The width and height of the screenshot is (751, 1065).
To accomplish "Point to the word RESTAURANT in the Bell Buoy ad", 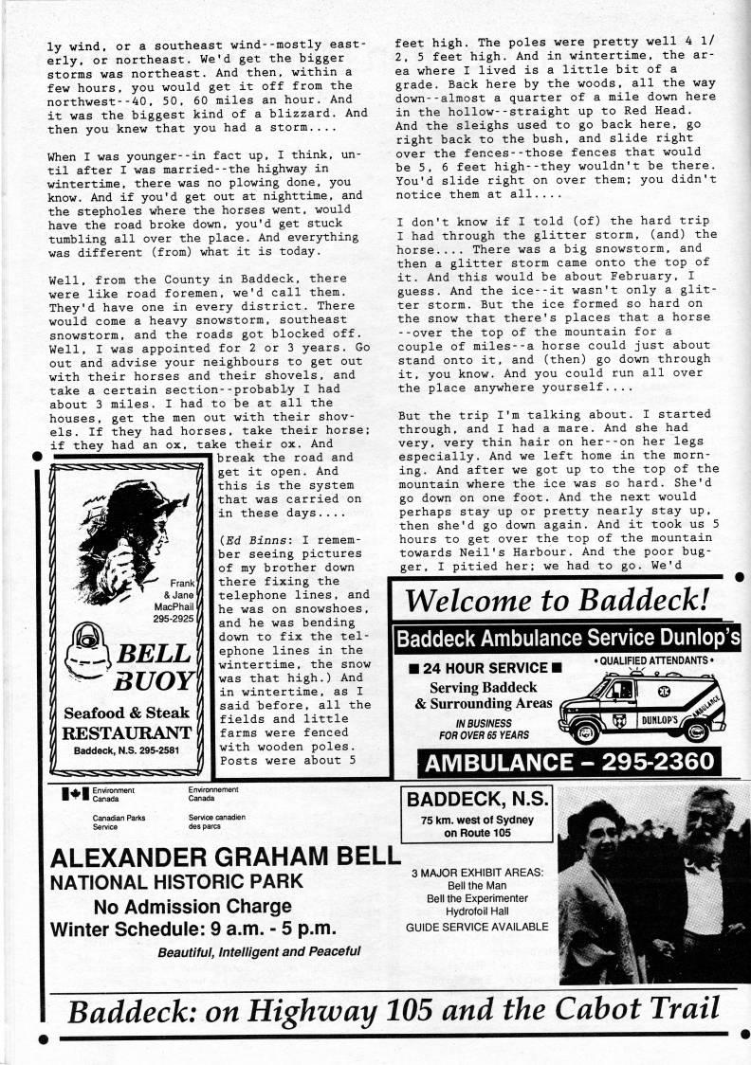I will [x=127, y=732].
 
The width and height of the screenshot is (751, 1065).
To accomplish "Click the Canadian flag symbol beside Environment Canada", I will [x=73, y=794].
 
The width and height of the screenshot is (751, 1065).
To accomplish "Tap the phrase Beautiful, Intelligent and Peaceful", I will [x=259, y=950].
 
